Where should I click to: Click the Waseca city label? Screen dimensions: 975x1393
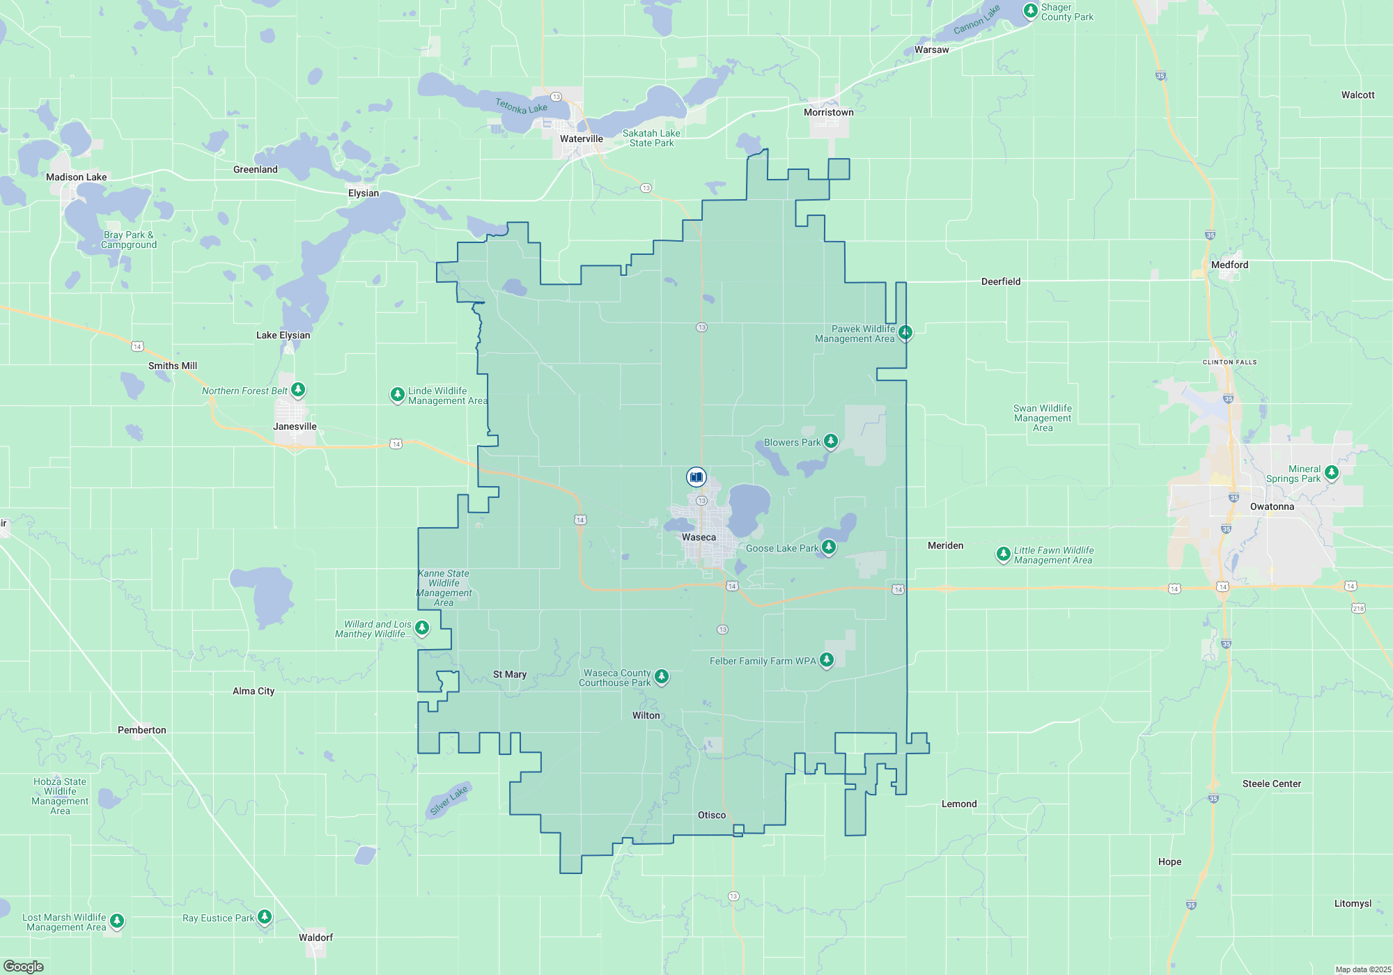tap(699, 537)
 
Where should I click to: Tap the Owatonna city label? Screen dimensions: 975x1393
tap(1272, 506)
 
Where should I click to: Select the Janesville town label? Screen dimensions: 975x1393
tap(295, 426)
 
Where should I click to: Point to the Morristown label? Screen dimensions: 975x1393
tap(828, 112)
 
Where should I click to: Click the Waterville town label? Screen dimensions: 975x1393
tap(582, 139)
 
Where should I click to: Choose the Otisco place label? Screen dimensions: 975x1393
tap(712, 815)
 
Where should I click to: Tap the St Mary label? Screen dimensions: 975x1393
tap(510, 674)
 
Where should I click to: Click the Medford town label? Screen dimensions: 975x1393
tap(1229, 265)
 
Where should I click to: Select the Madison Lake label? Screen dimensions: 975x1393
tap(76, 177)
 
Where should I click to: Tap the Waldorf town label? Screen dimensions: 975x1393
tap(316, 937)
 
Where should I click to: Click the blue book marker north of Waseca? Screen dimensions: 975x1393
tap(696, 477)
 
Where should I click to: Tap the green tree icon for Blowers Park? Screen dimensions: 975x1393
tap(831, 441)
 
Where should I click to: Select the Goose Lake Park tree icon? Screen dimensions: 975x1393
tap(828, 547)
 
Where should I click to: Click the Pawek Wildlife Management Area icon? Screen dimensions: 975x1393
tap(905, 332)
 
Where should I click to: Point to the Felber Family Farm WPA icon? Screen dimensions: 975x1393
tap(827, 660)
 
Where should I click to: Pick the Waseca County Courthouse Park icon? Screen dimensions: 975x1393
tap(662, 676)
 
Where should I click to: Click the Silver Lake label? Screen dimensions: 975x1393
tap(449, 800)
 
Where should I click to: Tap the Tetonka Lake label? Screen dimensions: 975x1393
tap(521, 106)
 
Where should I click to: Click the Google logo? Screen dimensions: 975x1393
tap(24, 966)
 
